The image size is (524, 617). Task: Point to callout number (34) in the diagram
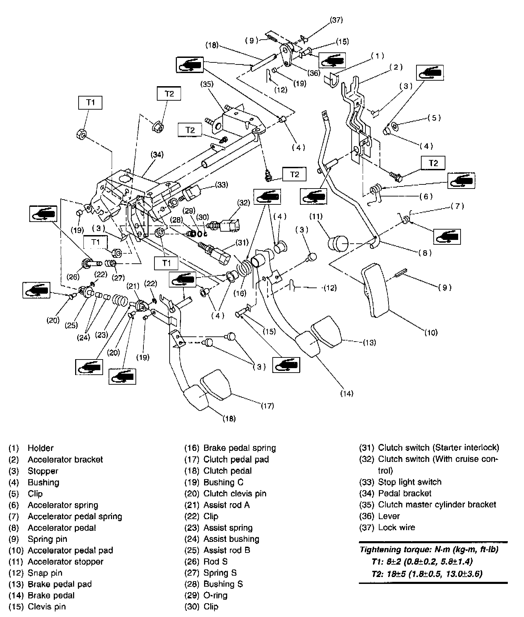(x=157, y=155)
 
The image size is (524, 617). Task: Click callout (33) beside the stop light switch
(x=221, y=185)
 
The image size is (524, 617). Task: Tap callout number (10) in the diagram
(x=431, y=332)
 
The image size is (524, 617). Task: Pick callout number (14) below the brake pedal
(x=346, y=393)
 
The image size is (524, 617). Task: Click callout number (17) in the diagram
(x=267, y=406)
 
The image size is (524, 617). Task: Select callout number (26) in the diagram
(x=73, y=277)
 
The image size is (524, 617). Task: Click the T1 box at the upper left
(x=90, y=102)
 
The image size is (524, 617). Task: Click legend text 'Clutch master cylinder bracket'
(x=437, y=505)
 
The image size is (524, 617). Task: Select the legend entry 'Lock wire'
(x=396, y=527)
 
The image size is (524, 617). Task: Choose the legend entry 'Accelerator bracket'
(x=65, y=459)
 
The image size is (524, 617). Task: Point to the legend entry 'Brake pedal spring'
(x=240, y=448)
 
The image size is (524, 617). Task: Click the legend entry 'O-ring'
(x=215, y=595)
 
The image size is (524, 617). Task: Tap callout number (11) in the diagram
(x=315, y=216)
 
